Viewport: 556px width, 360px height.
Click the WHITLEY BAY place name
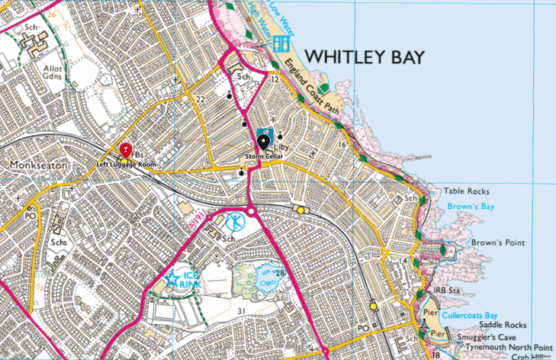pyautogui.click(x=364, y=58)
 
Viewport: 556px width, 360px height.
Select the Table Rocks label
pyautogui.click(x=467, y=191)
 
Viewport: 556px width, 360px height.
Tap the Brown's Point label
pyautogui.click(x=497, y=243)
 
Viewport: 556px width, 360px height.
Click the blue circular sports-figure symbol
pyautogui.click(x=236, y=222)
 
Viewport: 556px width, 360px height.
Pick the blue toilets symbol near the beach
pyautogui.click(x=281, y=42)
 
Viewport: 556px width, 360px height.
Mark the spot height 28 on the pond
pyautogui.click(x=281, y=273)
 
